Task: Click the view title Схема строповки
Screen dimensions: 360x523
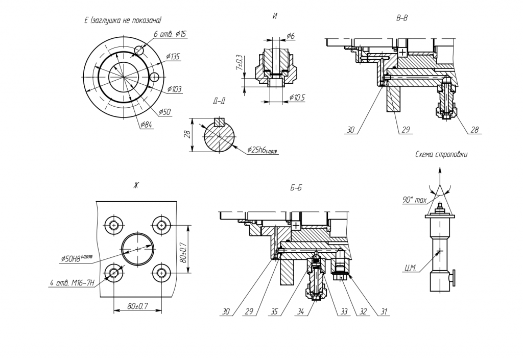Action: pyautogui.click(x=441, y=154)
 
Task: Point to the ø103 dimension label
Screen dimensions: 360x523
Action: pyautogui.click(x=174, y=89)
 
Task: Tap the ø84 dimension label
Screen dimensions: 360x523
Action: pyautogui.click(x=146, y=124)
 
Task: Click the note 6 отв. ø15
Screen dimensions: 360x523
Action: pyautogui.click(x=170, y=34)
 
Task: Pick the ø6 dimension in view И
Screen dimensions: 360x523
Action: pyautogui.click(x=290, y=36)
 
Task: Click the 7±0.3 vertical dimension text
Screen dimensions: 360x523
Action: pyautogui.click(x=239, y=64)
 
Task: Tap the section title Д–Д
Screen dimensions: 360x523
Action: pyautogui.click(x=219, y=101)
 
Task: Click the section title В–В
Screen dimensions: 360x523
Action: pyautogui.click(x=402, y=18)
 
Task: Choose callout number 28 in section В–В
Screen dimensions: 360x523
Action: pyautogui.click(x=474, y=130)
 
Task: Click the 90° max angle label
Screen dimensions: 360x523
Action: pyautogui.click(x=414, y=200)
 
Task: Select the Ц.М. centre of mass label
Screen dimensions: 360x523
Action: pyautogui.click(x=409, y=269)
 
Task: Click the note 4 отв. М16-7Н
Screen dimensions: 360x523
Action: pyautogui.click(x=72, y=282)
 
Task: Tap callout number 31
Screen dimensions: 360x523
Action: pyautogui.click(x=382, y=311)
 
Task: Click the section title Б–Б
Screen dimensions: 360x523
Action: pyautogui.click(x=296, y=188)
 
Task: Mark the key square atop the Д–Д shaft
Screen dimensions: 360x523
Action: pyautogui.click(x=220, y=122)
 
